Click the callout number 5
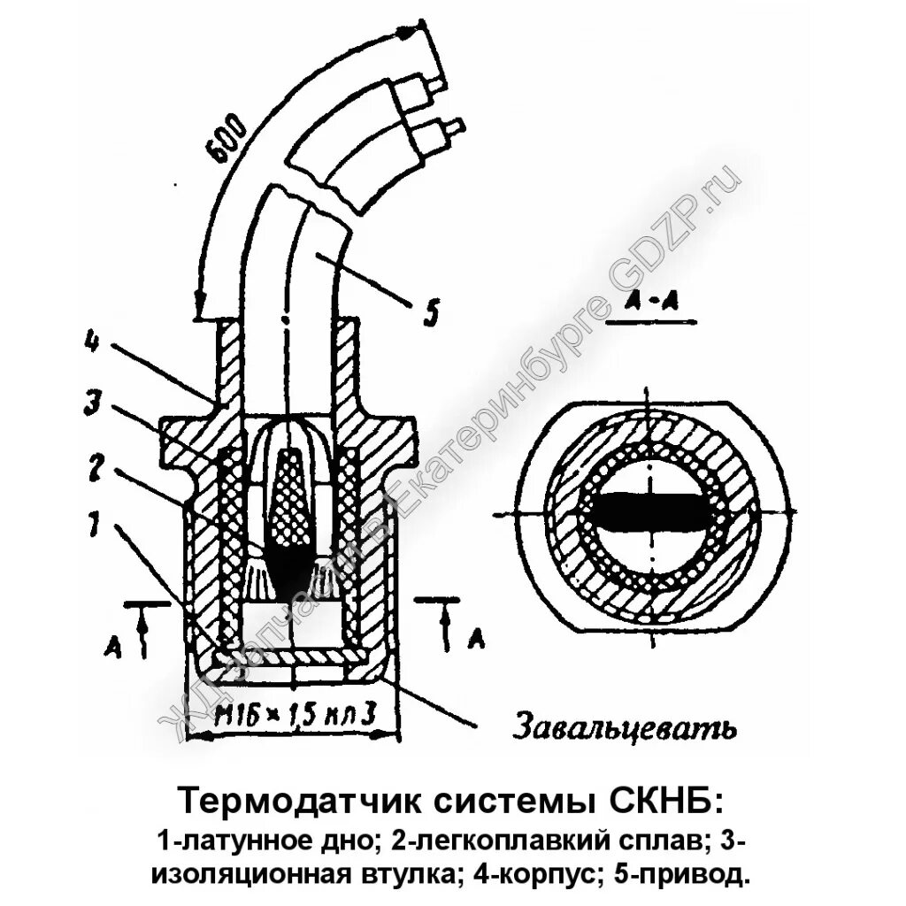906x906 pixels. point(430,312)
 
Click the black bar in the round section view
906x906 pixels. point(650,512)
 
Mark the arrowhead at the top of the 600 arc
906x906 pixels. point(406,32)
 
